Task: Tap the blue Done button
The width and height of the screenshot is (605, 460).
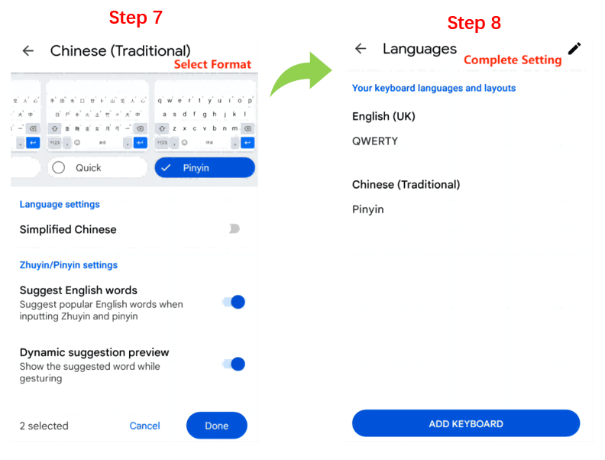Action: click(216, 426)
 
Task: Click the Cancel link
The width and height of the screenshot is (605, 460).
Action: click(144, 426)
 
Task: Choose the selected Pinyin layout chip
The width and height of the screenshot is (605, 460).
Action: click(204, 167)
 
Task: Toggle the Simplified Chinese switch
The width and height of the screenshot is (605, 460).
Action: click(234, 229)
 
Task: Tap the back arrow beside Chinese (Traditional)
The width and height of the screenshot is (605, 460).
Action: click(28, 50)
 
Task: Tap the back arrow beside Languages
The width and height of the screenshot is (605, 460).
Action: click(361, 49)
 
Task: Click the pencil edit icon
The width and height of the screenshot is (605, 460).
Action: click(574, 48)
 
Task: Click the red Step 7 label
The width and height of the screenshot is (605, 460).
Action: click(135, 18)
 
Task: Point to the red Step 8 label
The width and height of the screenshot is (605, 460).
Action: click(474, 23)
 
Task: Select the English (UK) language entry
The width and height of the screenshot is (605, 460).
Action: click(383, 116)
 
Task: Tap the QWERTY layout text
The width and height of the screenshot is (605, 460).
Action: click(374, 141)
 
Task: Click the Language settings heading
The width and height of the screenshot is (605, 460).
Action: click(60, 204)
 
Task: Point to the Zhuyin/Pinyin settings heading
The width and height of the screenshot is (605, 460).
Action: click(68, 265)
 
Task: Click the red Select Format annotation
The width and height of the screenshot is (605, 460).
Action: click(212, 64)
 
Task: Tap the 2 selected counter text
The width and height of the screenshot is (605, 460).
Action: click(44, 426)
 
